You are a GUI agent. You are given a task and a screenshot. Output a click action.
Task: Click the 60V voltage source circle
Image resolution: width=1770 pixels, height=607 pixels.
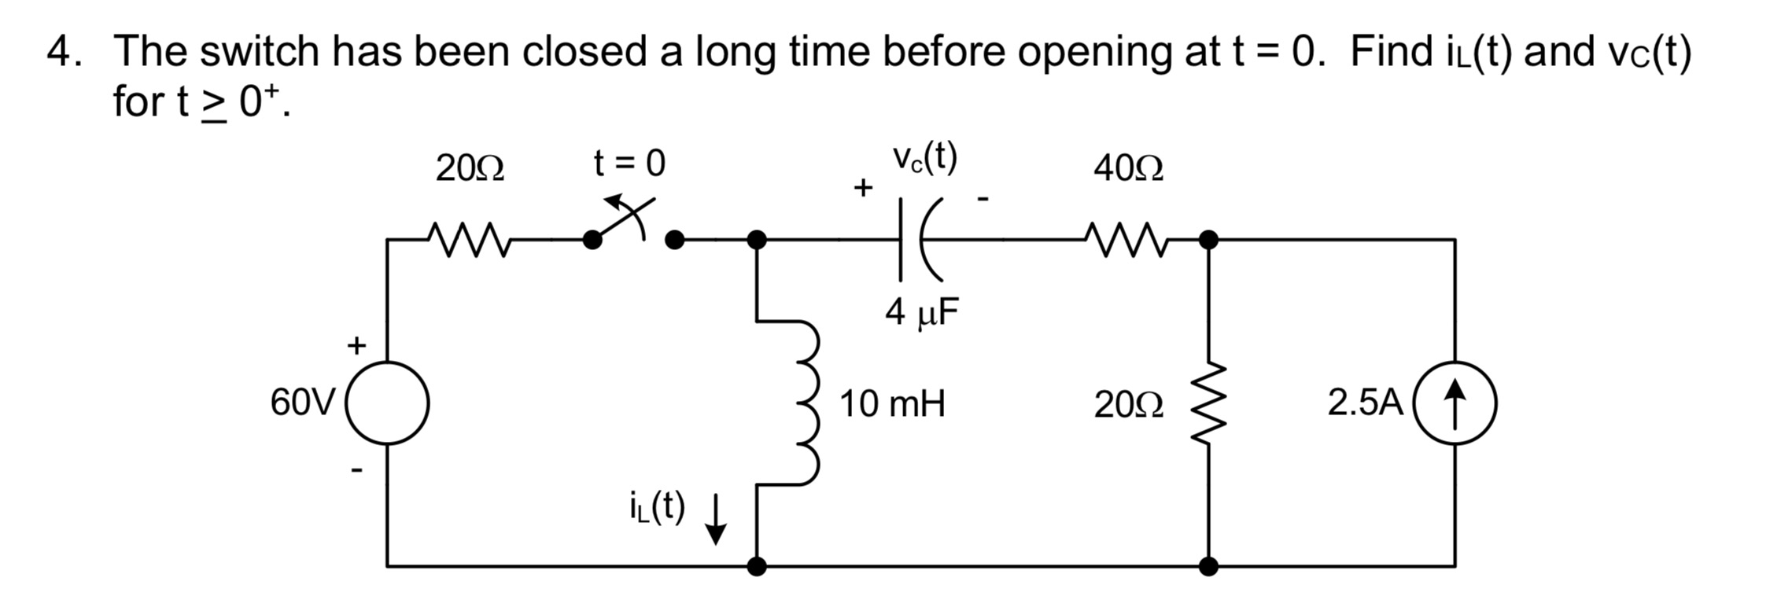pyautogui.click(x=387, y=403)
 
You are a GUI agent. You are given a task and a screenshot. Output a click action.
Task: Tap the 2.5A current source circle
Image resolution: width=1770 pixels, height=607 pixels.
pyautogui.click(x=1455, y=403)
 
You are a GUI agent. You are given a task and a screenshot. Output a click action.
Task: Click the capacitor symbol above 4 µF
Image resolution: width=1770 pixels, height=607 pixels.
pyautogui.click(x=916, y=239)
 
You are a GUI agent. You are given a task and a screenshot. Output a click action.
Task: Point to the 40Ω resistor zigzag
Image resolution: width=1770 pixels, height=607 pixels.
pyautogui.click(x=1127, y=239)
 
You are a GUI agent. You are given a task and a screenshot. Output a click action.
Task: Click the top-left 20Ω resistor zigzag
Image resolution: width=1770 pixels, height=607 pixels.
pyautogui.click(x=469, y=239)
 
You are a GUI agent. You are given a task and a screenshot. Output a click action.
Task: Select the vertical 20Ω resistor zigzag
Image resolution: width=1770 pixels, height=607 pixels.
pyautogui.click(x=1209, y=403)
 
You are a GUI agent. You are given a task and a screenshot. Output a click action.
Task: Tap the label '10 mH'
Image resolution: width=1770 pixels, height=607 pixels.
pyautogui.click(x=891, y=404)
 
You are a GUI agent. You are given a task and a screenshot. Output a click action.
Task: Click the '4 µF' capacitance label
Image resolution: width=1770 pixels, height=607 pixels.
pyautogui.click(x=922, y=313)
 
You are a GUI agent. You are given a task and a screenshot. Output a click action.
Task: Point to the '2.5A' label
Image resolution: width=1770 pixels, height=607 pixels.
pyautogui.click(x=1365, y=403)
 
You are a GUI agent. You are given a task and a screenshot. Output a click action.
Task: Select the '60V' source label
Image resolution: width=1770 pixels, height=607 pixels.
pyautogui.click(x=302, y=403)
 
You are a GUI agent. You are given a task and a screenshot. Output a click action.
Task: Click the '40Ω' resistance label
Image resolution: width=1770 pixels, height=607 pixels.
pyautogui.click(x=1127, y=168)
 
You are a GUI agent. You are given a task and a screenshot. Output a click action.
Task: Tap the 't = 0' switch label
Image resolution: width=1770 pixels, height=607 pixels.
pyautogui.click(x=629, y=164)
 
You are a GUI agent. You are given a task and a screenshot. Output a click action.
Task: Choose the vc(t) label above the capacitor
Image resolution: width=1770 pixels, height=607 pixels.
pyautogui.click(x=924, y=160)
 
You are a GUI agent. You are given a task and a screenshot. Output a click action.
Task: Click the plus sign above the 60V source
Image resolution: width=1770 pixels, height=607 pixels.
pyautogui.click(x=357, y=345)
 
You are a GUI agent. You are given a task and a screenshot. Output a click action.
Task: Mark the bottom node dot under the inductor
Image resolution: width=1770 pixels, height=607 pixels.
pyautogui.click(x=756, y=565)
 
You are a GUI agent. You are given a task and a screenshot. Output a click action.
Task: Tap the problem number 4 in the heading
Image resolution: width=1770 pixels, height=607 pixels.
pyautogui.click(x=59, y=52)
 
